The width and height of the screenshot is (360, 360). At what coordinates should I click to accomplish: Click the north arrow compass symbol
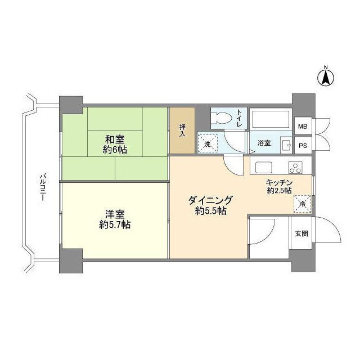coord(325,77)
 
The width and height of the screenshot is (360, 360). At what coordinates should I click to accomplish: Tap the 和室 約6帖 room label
coord(115,144)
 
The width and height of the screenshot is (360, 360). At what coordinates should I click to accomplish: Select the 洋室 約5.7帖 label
coord(114,219)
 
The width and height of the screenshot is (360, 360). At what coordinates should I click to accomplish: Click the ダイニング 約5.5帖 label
coord(210,205)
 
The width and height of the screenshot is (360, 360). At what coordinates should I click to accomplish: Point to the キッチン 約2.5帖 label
coord(279,186)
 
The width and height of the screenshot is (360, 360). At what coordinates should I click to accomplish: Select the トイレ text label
coord(239,119)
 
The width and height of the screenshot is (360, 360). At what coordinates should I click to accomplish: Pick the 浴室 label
coord(264,143)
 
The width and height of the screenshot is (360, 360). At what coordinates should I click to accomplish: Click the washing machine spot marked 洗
coord(207,143)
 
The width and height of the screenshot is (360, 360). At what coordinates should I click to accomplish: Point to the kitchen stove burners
coord(295,166)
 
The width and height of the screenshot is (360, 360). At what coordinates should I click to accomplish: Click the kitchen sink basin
coord(263,166)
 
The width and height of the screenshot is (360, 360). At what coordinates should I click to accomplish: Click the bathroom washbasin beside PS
coord(286,145)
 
